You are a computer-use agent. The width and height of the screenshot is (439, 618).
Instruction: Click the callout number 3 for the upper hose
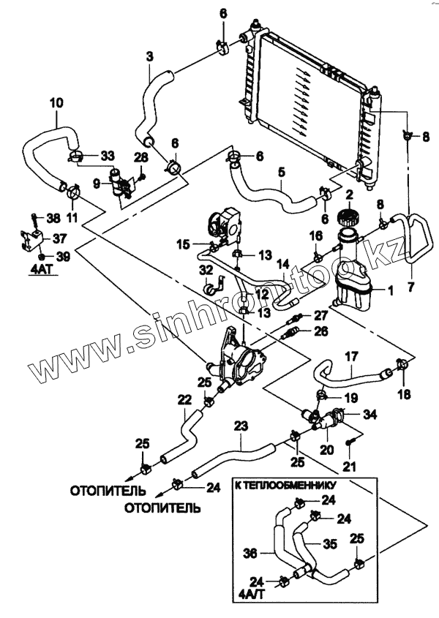149,56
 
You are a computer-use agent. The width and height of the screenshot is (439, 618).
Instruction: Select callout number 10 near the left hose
56,103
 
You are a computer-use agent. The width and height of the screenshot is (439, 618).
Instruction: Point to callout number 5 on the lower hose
281,173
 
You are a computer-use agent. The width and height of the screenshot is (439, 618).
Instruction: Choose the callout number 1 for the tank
390,290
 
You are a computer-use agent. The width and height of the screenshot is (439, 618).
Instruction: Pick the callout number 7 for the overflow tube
409,288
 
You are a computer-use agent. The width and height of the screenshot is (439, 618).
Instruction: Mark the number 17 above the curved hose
350,356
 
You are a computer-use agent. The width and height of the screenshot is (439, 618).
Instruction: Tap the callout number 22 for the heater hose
184,399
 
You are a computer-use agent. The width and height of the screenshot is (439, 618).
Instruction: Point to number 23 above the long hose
241,426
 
